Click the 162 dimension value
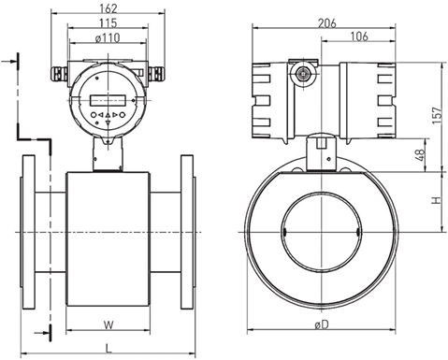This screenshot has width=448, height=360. click(x=108, y=8)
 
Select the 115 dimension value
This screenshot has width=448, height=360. click(x=108, y=23)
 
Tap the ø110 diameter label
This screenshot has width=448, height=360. click(x=108, y=37)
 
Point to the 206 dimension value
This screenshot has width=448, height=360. click(x=327, y=23)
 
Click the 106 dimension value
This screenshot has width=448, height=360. click(x=359, y=36)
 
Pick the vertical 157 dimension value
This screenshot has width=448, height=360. click(x=437, y=115)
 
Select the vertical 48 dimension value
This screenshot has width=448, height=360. click(x=420, y=155)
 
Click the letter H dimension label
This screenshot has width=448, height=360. click(x=437, y=200)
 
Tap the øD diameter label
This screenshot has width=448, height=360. click(x=322, y=324)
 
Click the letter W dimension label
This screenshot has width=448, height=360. click(x=108, y=325)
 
